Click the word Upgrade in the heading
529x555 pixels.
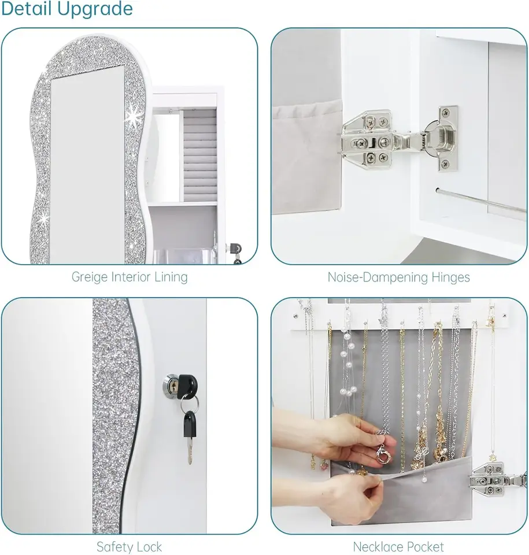coord(95,9)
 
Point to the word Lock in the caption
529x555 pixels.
coord(149,547)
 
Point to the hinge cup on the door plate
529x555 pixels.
coord(441,138)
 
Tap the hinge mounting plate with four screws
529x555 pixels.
coord(367,140)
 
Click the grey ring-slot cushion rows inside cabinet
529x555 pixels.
coord(199,155)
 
